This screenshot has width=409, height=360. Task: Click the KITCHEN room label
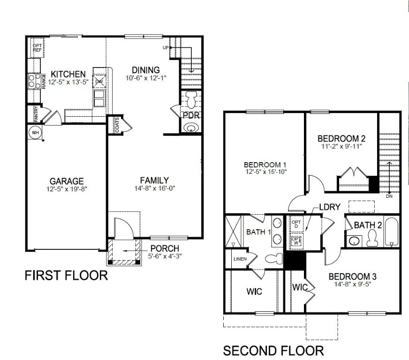(x=68, y=74)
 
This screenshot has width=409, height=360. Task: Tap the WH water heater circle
(x=35, y=132)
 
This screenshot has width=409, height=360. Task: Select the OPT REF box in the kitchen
(x=37, y=47)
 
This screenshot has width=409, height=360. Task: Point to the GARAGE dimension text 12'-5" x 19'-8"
(x=68, y=189)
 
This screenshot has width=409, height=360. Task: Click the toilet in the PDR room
(x=191, y=100)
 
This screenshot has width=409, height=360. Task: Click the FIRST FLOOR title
(x=66, y=276)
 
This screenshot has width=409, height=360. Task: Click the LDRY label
(x=329, y=206)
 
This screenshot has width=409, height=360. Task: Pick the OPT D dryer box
(x=296, y=224)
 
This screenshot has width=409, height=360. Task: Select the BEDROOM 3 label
(x=352, y=276)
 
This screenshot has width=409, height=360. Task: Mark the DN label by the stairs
(x=389, y=197)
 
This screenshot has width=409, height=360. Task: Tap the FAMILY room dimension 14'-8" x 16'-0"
(x=154, y=188)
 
